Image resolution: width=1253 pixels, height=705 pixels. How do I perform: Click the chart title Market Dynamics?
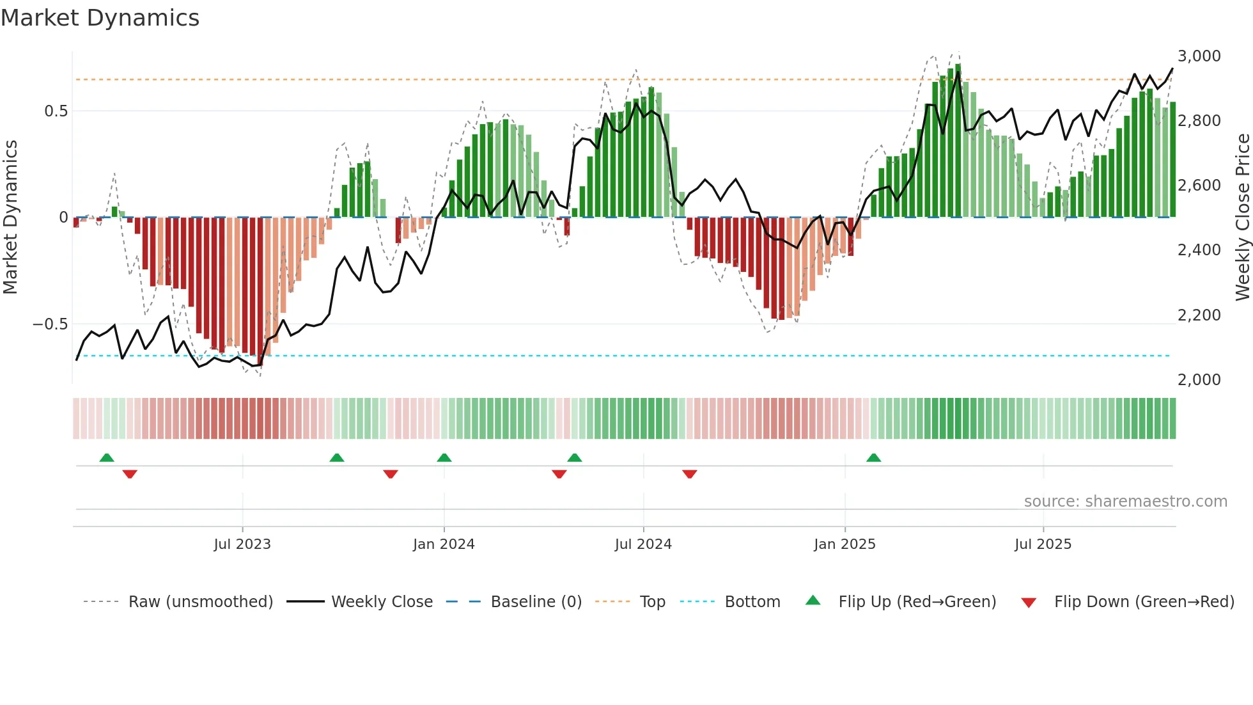(x=100, y=18)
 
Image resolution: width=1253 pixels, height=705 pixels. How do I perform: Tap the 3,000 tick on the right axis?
(x=1199, y=56)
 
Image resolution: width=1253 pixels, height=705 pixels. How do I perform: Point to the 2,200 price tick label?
(x=1199, y=315)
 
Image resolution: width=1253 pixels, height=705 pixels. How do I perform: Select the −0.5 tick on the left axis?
(x=50, y=324)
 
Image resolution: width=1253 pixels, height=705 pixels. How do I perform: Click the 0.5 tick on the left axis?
(x=56, y=111)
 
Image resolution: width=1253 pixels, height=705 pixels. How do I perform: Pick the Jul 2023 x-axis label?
(x=242, y=544)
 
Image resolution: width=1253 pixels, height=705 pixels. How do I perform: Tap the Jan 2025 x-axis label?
(x=844, y=544)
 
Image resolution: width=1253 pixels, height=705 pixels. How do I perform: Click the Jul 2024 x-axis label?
(x=643, y=544)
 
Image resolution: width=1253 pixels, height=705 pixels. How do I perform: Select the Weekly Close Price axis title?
(x=1242, y=217)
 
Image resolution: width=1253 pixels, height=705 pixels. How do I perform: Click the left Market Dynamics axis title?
(x=10, y=217)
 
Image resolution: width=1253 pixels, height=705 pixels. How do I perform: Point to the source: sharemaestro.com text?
(x=1125, y=502)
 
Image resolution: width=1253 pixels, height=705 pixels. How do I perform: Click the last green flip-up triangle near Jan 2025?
(x=873, y=457)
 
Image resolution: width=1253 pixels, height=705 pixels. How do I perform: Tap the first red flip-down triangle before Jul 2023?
(x=130, y=474)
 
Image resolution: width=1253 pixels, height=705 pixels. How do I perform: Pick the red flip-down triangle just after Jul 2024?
(x=689, y=474)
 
